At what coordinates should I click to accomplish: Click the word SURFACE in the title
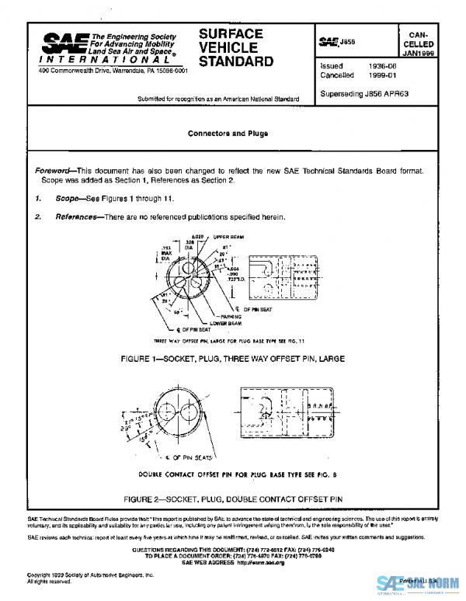click(x=231, y=34)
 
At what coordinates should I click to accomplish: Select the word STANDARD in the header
click(x=236, y=61)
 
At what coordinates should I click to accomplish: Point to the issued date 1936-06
click(x=382, y=66)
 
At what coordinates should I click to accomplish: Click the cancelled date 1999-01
click(x=382, y=75)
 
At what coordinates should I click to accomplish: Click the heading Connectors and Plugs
click(x=228, y=134)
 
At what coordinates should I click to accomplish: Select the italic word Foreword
click(x=54, y=170)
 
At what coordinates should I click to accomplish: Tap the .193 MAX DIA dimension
click(x=166, y=251)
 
